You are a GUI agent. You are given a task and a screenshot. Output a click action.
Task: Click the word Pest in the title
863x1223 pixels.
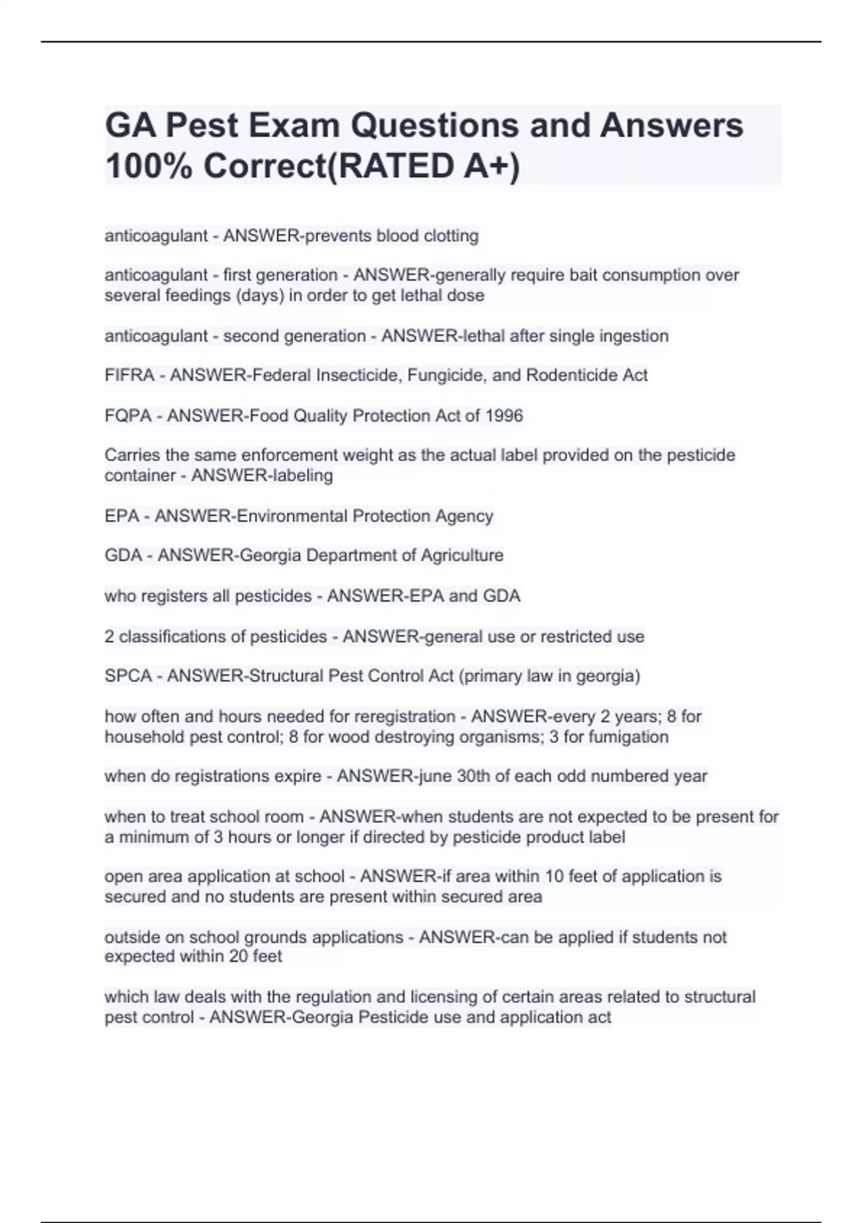[x=202, y=126]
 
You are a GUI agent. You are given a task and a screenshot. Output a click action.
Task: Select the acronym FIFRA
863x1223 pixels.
[x=129, y=376]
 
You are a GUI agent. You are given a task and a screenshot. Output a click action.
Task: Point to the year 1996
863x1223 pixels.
[x=504, y=416]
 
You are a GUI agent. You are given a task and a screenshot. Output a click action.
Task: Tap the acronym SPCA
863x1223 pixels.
[x=129, y=676]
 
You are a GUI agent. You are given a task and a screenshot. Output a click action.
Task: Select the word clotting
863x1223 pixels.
[x=451, y=236]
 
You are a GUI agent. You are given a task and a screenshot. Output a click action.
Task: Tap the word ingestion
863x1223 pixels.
[x=633, y=336]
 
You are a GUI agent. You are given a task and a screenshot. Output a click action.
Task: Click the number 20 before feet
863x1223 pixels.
[x=239, y=957]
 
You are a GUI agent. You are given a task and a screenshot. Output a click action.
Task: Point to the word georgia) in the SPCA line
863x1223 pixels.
[x=608, y=676]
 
